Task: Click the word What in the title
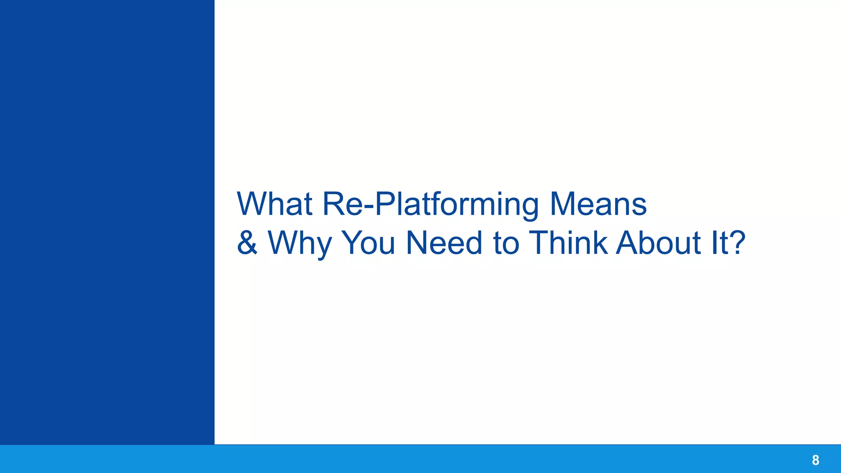[274, 204]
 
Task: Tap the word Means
[598, 204]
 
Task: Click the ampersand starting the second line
[247, 243]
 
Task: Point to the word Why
[299, 243]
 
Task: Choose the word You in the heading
[368, 243]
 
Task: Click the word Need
[444, 243]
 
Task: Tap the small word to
[506, 243]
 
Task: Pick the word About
[659, 243]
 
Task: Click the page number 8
[816, 460]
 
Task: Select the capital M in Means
[563, 204]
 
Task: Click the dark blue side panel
[107, 222]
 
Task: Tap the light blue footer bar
[411, 459]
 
